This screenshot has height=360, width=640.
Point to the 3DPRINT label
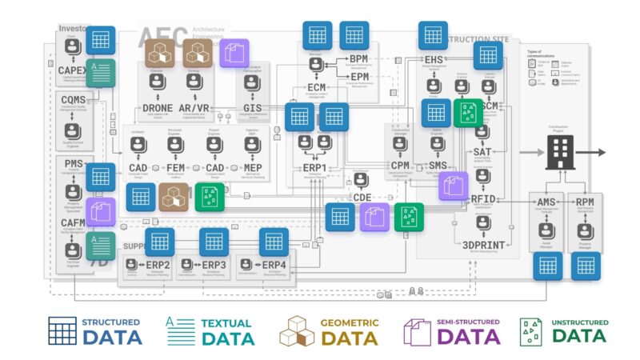pyautogui.click(x=485, y=245)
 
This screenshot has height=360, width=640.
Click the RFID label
pyautogui.click(x=485, y=200)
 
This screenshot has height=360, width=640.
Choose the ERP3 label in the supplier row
pyautogui.click(x=214, y=265)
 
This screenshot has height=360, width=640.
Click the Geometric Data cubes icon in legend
pyautogui.click(x=297, y=331)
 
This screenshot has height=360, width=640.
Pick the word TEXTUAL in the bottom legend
pyautogui.click(x=225, y=322)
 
